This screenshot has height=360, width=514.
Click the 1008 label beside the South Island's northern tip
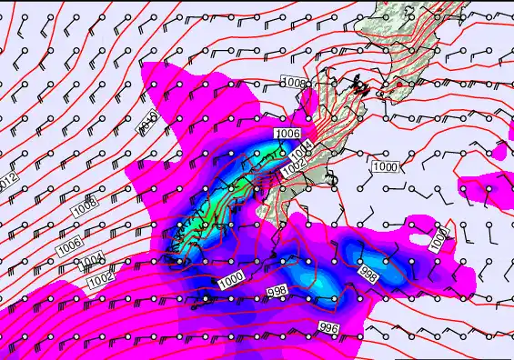[295, 83]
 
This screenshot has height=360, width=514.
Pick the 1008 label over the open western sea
[85, 206]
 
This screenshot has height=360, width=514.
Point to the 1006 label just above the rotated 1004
[287, 134]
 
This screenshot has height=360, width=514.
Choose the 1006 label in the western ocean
[69, 245]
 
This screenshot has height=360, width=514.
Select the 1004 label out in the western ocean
[91, 262]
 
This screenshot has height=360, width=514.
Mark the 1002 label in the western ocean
[100, 282]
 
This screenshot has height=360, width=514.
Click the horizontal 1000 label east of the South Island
[385, 167]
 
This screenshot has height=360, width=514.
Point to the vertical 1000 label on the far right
[439, 237]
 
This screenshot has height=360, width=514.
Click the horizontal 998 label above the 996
[278, 291]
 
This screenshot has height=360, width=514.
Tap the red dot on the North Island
[399, 85]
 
